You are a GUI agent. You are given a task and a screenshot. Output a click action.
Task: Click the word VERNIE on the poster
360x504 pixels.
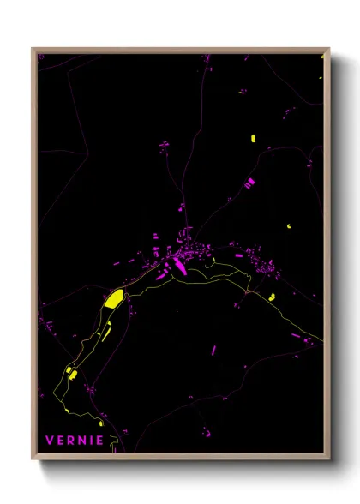(x=75, y=441)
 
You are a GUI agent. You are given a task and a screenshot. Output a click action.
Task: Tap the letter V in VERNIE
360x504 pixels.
(x=50, y=441)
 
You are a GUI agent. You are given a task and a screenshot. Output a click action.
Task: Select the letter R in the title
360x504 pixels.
(x=74, y=441)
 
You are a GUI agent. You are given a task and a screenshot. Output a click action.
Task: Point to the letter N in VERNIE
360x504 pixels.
(x=85, y=441)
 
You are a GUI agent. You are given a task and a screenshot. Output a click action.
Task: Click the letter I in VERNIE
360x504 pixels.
(x=93, y=441)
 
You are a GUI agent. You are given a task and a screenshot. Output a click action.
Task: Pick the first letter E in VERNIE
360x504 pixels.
(x=62, y=441)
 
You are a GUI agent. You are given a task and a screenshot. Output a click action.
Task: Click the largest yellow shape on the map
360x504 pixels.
(x=114, y=299)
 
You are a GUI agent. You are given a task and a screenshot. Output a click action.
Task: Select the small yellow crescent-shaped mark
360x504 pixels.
(x=289, y=225)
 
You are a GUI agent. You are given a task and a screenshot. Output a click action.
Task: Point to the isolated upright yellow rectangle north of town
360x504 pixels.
(x=253, y=139)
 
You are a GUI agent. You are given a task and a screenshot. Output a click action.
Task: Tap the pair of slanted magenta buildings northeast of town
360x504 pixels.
(x=249, y=183)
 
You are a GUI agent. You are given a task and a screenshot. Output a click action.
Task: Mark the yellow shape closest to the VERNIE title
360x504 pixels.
(x=100, y=423)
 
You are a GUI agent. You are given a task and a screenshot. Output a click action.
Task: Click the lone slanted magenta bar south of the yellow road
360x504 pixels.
(x=214, y=350)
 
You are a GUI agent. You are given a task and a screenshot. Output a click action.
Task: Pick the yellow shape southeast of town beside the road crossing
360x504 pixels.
(x=271, y=297)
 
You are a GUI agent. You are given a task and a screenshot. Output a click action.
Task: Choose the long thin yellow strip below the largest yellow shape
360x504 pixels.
(x=107, y=333)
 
